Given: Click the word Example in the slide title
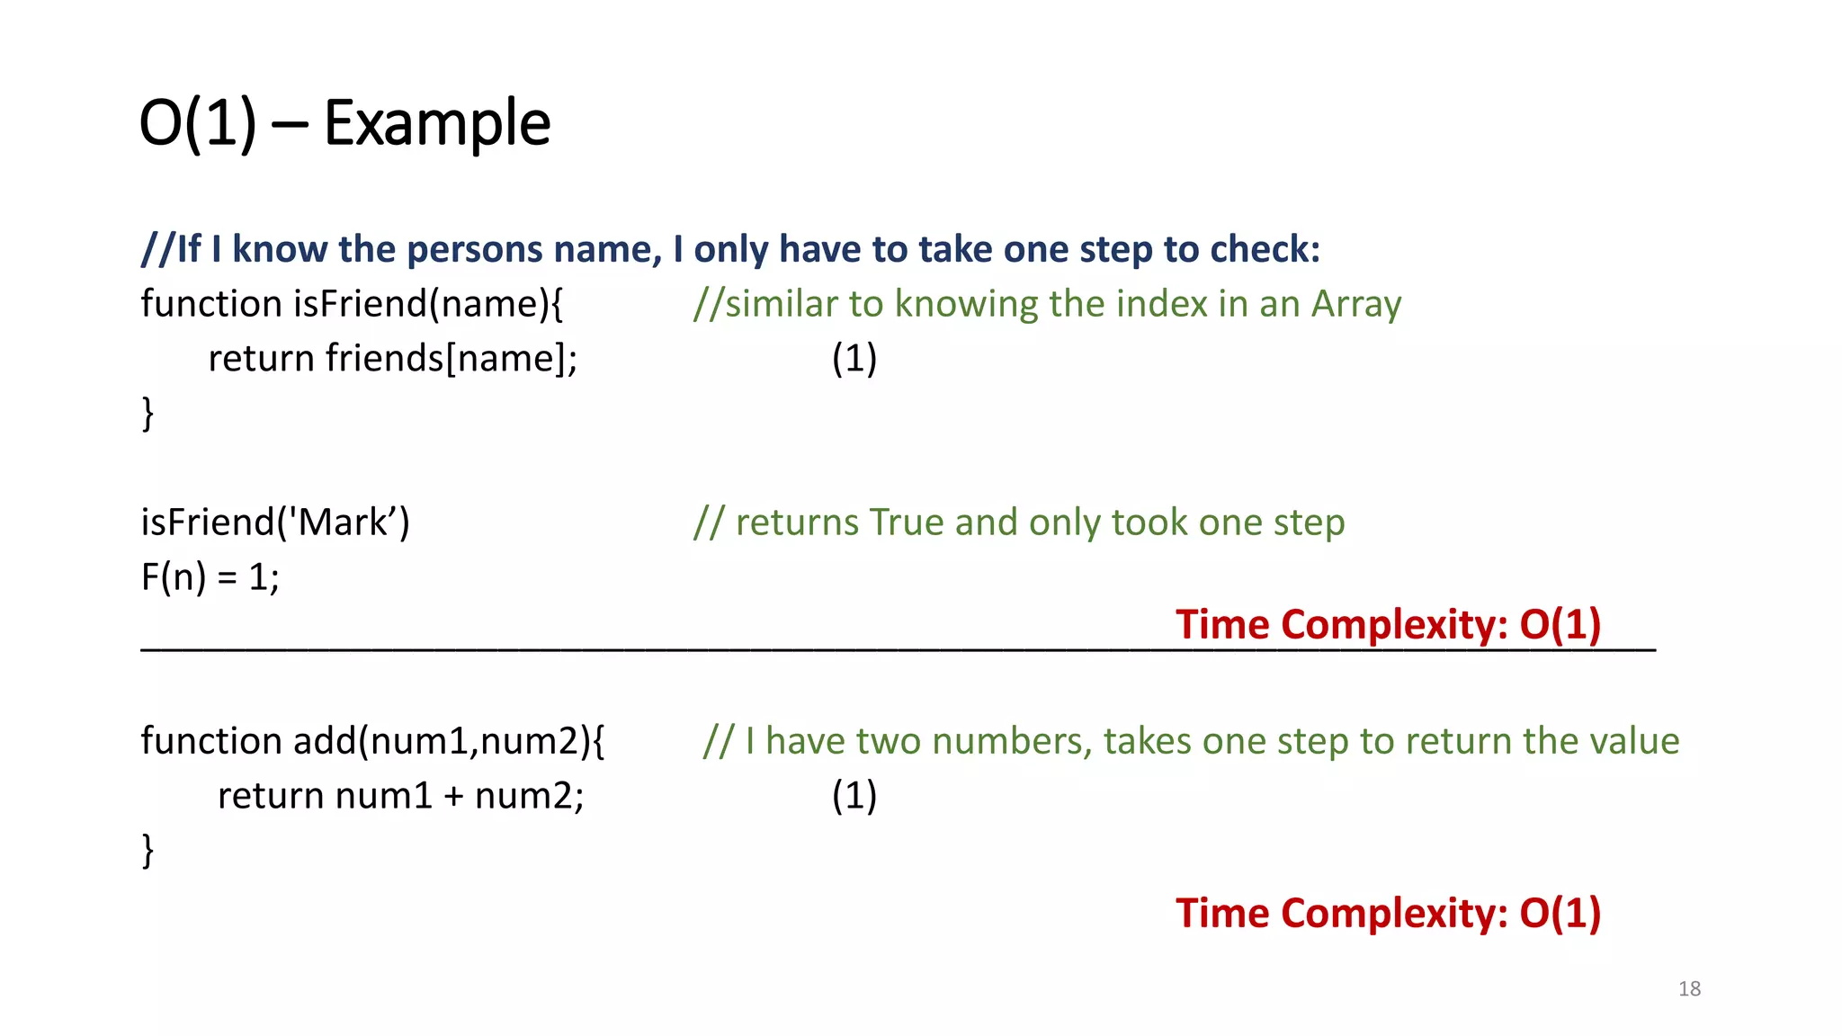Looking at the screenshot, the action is [x=437, y=123].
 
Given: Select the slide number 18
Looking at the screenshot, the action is [x=1689, y=988].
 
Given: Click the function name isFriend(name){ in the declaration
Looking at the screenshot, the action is [x=428, y=304].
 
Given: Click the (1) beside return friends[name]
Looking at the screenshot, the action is [x=854, y=359].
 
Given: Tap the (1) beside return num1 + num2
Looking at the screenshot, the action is [x=854, y=796].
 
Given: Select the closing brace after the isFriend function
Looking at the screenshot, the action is [x=148, y=414].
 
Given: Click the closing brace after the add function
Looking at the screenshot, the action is [x=148, y=851].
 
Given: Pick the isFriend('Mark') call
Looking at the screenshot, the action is [x=275, y=522].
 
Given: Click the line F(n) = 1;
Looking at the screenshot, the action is [x=210, y=577].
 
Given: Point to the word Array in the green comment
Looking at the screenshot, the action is [x=1355, y=304].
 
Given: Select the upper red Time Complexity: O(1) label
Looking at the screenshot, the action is [x=1388, y=624].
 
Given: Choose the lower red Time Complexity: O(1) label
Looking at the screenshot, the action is [x=1388, y=913].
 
